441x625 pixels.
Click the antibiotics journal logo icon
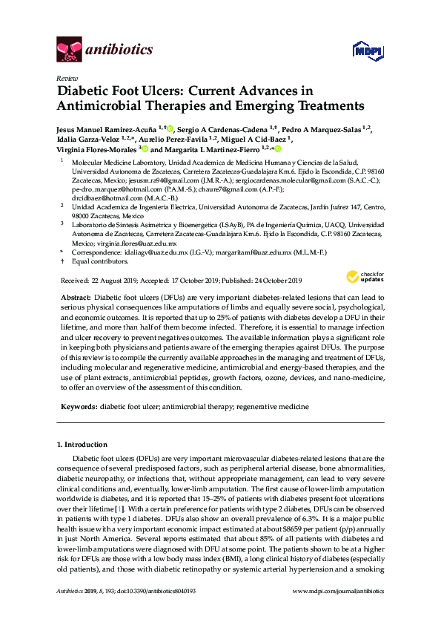click(70, 50)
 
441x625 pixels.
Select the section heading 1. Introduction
click(82, 444)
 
